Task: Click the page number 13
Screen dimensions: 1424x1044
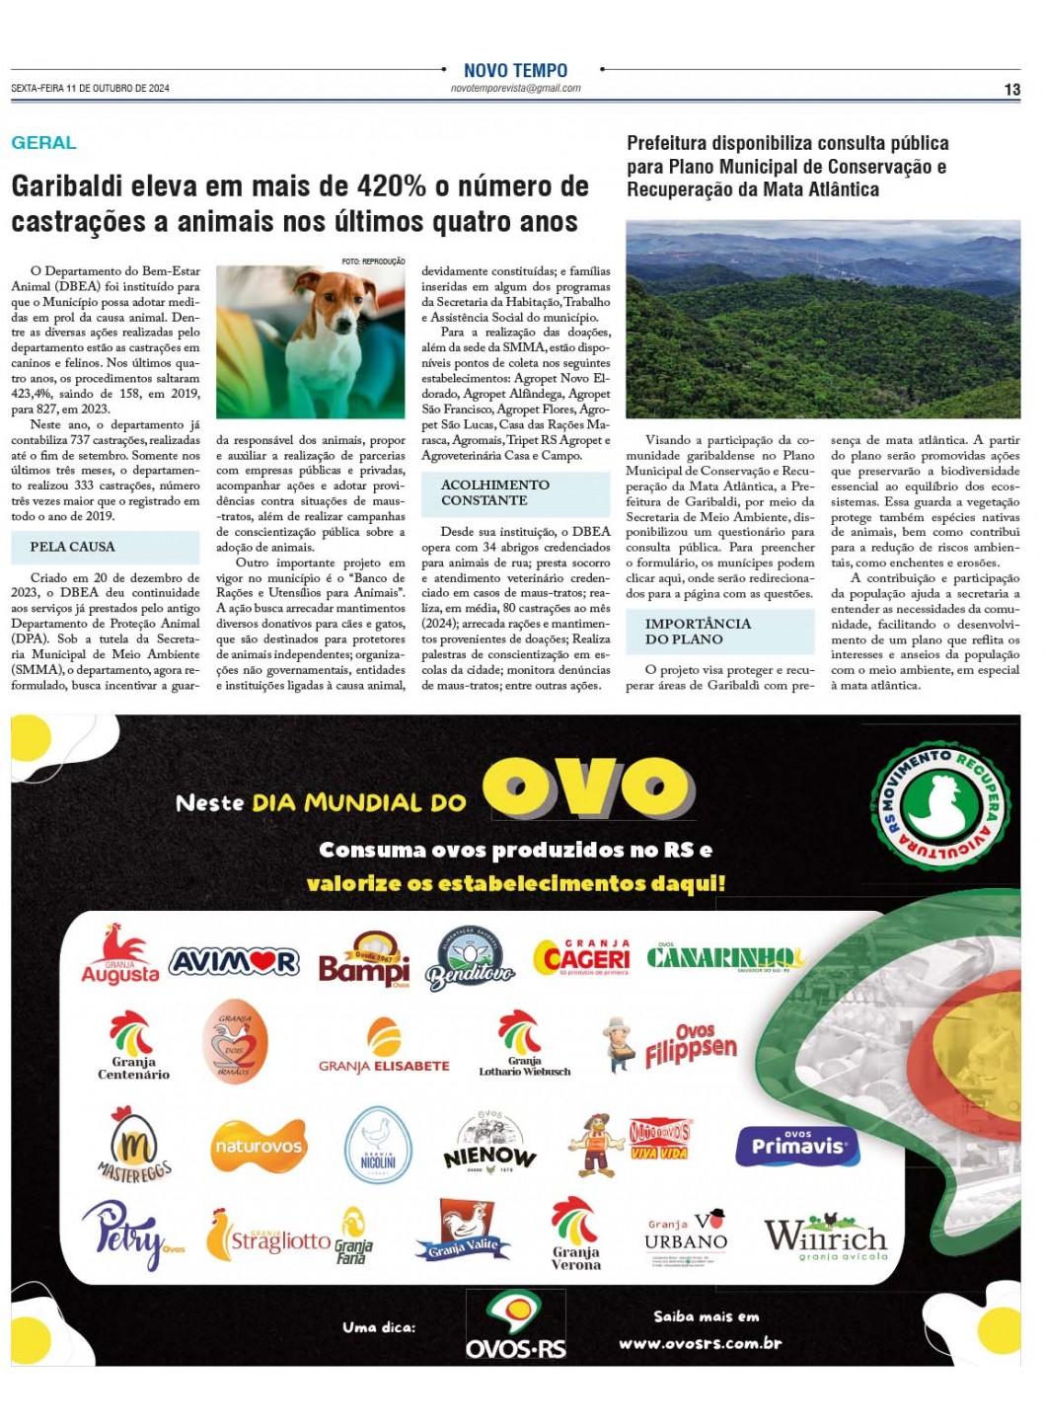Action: click(x=1011, y=90)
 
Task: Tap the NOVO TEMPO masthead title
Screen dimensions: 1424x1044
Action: click(x=515, y=71)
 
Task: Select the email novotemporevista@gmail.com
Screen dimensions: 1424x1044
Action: click(x=515, y=89)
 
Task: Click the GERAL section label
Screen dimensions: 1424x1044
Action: click(x=43, y=143)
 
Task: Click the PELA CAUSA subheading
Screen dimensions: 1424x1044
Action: click(x=72, y=547)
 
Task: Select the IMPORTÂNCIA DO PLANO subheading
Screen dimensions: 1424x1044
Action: click(x=697, y=632)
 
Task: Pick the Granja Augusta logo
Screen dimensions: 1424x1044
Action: click(x=119, y=955)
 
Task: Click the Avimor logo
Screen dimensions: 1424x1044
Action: click(x=234, y=961)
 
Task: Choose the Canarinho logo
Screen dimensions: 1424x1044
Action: click(x=724, y=957)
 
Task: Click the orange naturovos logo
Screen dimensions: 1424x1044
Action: click(x=259, y=1147)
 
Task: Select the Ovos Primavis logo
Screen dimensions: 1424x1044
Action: click(x=797, y=1146)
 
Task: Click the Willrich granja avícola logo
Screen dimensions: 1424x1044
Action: click(x=825, y=1237)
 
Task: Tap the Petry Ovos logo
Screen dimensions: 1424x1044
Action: click(x=130, y=1236)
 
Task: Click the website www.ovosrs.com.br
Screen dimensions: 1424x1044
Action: click(x=700, y=1343)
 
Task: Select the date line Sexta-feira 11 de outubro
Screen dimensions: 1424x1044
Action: click(x=91, y=89)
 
